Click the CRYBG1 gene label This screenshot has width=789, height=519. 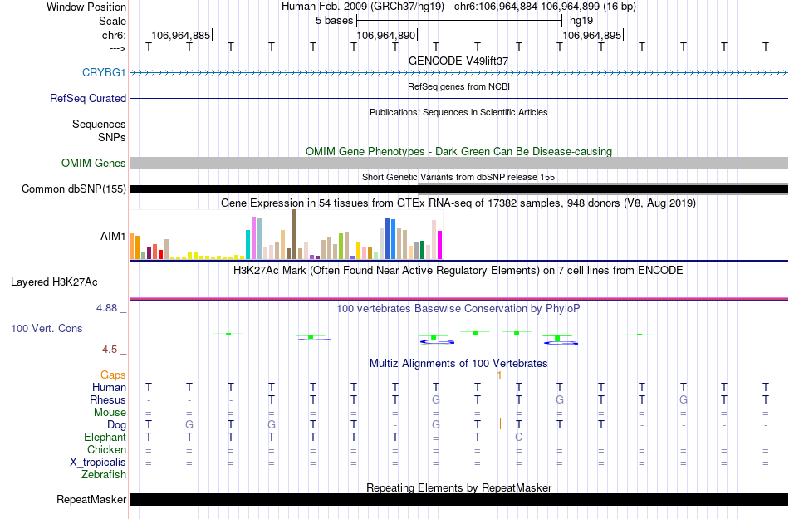[104, 73]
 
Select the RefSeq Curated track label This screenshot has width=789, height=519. [88, 98]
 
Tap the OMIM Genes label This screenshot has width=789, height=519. [94, 164]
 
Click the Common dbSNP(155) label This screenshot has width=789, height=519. [74, 189]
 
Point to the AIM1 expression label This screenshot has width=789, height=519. [113, 236]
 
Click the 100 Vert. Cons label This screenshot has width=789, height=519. [47, 329]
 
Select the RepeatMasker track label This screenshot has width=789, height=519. [91, 500]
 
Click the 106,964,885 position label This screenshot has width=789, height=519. [180, 36]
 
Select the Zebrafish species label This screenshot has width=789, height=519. [104, 475]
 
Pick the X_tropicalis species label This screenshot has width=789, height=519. [98, 463]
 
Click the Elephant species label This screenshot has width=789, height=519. [105, 438]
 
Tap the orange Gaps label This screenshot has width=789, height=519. [114, 375]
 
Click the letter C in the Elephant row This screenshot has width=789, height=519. [518, 438]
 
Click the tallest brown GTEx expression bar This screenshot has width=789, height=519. [294, 234]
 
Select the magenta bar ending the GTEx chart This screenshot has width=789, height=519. [439, 244]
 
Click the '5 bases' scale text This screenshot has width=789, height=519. [335, 20]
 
